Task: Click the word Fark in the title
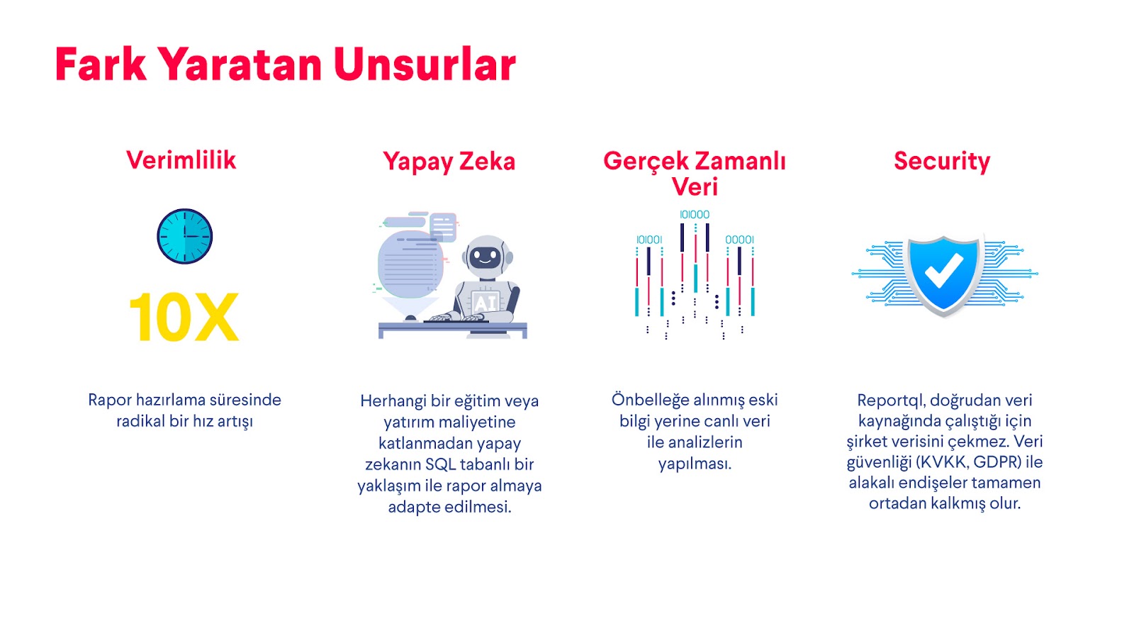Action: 101,64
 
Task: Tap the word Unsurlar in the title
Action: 425,64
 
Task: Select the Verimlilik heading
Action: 181,160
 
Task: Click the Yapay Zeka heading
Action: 449,162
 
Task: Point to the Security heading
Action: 942,162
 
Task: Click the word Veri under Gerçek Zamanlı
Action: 695,186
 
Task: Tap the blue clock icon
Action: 185,237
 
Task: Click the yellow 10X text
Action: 184,318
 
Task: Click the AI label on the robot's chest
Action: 485,302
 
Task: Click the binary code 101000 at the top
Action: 695,215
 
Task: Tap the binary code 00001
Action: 740,240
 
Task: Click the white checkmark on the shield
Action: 943,270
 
